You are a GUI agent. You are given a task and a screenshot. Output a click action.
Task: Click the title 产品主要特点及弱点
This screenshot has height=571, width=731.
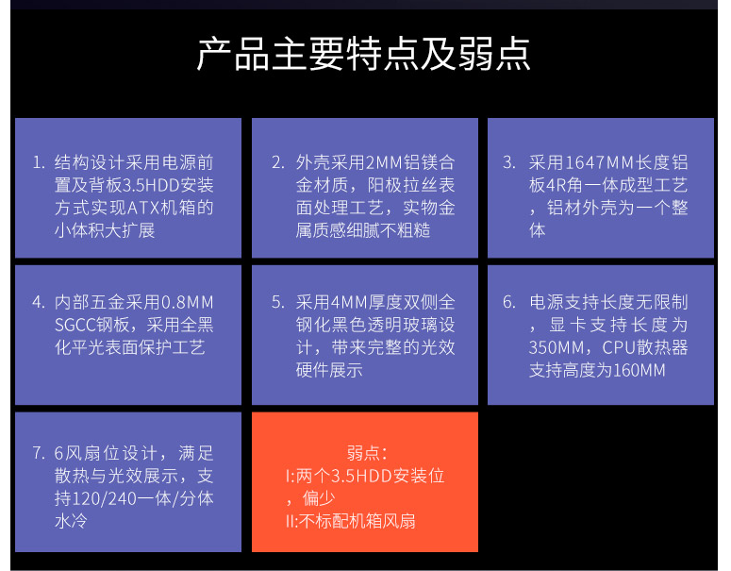click(x=363, y=54)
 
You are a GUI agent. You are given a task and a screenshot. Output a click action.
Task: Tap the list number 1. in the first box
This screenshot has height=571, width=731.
click(x=39, y=163)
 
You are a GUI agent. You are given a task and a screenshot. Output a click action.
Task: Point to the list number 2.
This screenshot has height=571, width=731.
click(x=278, y=163)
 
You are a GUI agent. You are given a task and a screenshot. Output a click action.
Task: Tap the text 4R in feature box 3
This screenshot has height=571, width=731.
click(x=556, y=186)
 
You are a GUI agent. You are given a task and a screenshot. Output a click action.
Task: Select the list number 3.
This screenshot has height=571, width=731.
click(x=509, y=163)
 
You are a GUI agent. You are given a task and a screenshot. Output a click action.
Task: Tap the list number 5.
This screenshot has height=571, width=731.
click(x=278, y=303)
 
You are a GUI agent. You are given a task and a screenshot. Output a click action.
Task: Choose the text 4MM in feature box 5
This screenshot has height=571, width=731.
click(x=349, y=303)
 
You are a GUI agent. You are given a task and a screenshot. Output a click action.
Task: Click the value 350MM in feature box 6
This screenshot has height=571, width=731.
click(x=557, y=348)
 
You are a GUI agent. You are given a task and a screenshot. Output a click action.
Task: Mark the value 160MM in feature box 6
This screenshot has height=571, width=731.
click(x=639, y=371)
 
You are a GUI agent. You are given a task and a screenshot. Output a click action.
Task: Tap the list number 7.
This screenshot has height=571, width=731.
click(x=39, y=453)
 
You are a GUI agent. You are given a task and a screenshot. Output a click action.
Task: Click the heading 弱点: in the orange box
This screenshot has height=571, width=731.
click(x=367, y=453)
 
